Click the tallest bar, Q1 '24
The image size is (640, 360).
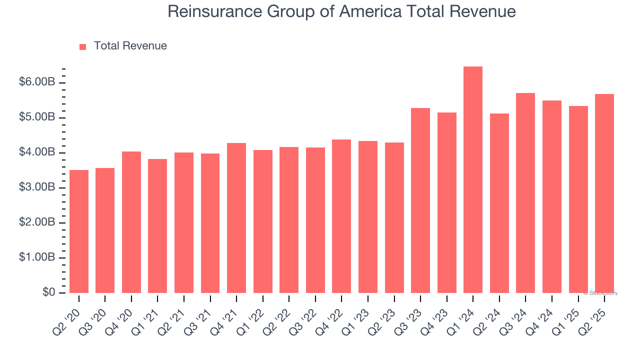pyautogui.click(x=473, y=180)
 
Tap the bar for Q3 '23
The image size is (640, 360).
pyautogui.click(x=420, y=200)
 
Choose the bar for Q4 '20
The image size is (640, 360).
pyautogui.click(x=131, y=222)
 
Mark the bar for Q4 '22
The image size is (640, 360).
pyautogui.click(x=341, y=216)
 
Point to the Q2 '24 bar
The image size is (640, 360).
pyautogui.click(x=499, y=203)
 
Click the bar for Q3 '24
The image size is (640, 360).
pyautogui.click(x=525, y=193)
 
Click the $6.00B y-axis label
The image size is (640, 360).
pyautogui.click(x=36, y=82)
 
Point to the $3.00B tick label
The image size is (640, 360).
pyautogui.click(x=36, y=187)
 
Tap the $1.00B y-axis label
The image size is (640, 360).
pyautogui.click(x=36, y=257)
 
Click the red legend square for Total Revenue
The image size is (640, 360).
pyautogui.click(x=83, y=46)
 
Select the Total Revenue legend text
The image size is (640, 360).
pyautogui.click(x=130, y=46)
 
